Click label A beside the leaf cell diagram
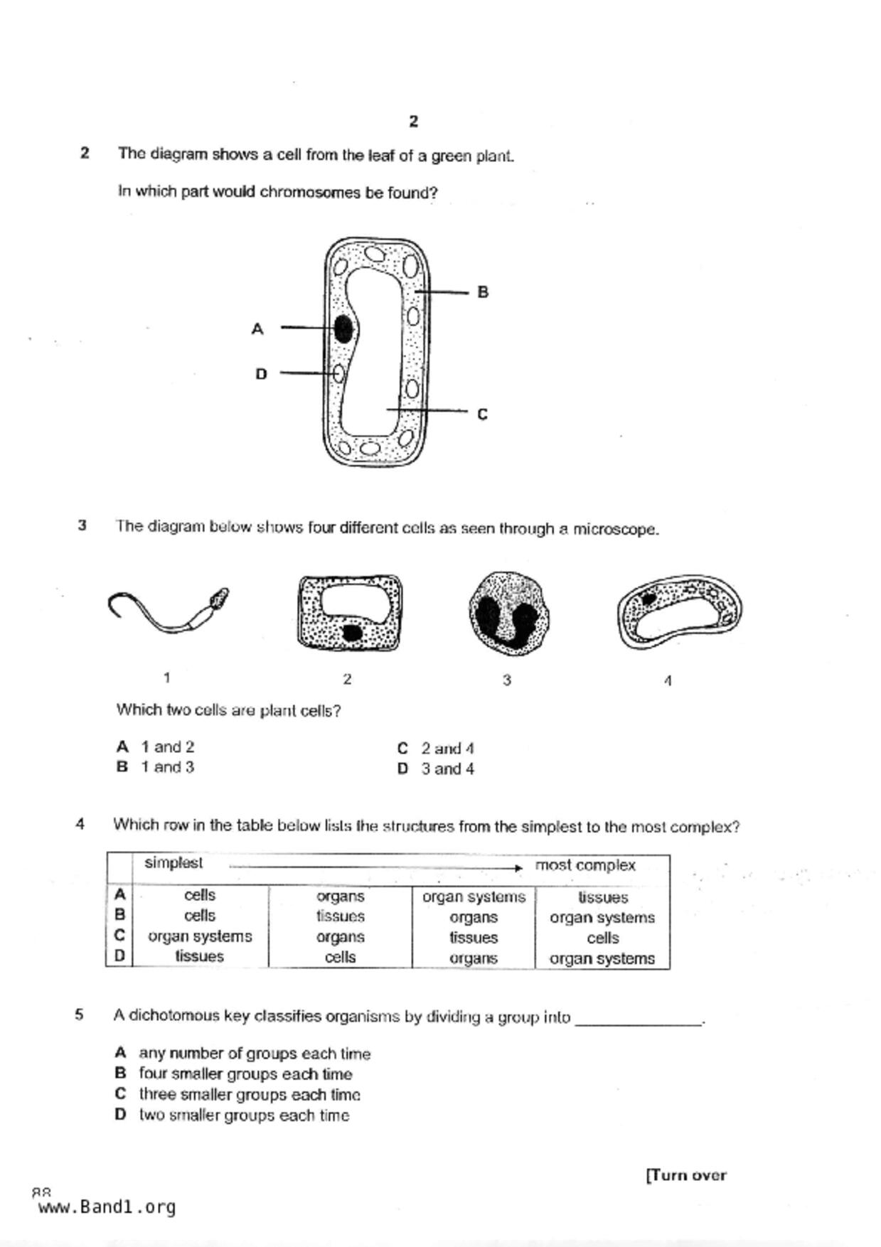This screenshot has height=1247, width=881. [x=257, y=329]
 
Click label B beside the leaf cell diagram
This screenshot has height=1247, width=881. [x=483, y=292]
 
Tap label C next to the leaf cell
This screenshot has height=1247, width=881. [x=482, y=414]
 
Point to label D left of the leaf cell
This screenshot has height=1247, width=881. [x=261, y=374]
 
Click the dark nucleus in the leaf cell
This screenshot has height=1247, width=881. [x=343, y=329]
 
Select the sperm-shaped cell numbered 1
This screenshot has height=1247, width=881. [x=169, y=611]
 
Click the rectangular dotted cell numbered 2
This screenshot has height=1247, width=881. [x=350, y=612]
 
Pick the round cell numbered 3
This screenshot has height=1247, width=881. [x=508, y=614]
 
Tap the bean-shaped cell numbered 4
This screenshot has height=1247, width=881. [x=679, y=611]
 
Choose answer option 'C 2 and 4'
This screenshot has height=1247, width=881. [x=436, y=749]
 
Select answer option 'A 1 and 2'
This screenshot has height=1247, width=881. [x=156, y=747]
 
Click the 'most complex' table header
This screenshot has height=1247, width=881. [x=584, y=865]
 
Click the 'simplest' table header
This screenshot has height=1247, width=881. [x=173, y=863]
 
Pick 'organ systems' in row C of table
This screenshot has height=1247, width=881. [x=200, y=936]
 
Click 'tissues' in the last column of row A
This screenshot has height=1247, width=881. [x=602, y=897]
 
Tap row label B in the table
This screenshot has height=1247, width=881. [x=119, y=915]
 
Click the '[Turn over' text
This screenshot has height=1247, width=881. [x=686, y=1175]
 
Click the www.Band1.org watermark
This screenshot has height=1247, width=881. [x=107, y=1206]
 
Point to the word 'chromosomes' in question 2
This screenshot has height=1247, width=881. [x=311, y=193]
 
